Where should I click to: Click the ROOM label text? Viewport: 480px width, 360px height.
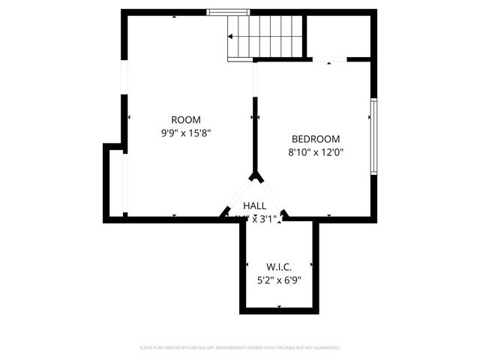[186, 119]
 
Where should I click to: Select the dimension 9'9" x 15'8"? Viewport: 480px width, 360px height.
[186, 133]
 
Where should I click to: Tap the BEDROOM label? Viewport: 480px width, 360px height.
[315, 139]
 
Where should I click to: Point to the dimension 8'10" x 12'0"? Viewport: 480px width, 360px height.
[315, 152]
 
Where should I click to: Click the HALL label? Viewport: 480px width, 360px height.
[254, 205]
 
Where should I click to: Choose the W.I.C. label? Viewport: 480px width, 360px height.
[279, 267]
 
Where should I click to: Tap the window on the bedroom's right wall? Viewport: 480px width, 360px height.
[373, 136]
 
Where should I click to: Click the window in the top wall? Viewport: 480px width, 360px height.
[229, 12]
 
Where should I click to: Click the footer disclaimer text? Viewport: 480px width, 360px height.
[240, 348]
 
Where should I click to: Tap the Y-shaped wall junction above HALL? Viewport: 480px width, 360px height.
[256, 177]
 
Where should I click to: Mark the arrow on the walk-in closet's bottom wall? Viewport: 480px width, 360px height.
[279, 307]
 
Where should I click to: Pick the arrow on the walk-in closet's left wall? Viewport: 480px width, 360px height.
[247, 265]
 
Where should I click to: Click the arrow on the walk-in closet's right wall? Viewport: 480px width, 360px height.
[311, 265]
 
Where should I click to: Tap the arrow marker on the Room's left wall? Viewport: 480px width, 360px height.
[128, 117]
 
